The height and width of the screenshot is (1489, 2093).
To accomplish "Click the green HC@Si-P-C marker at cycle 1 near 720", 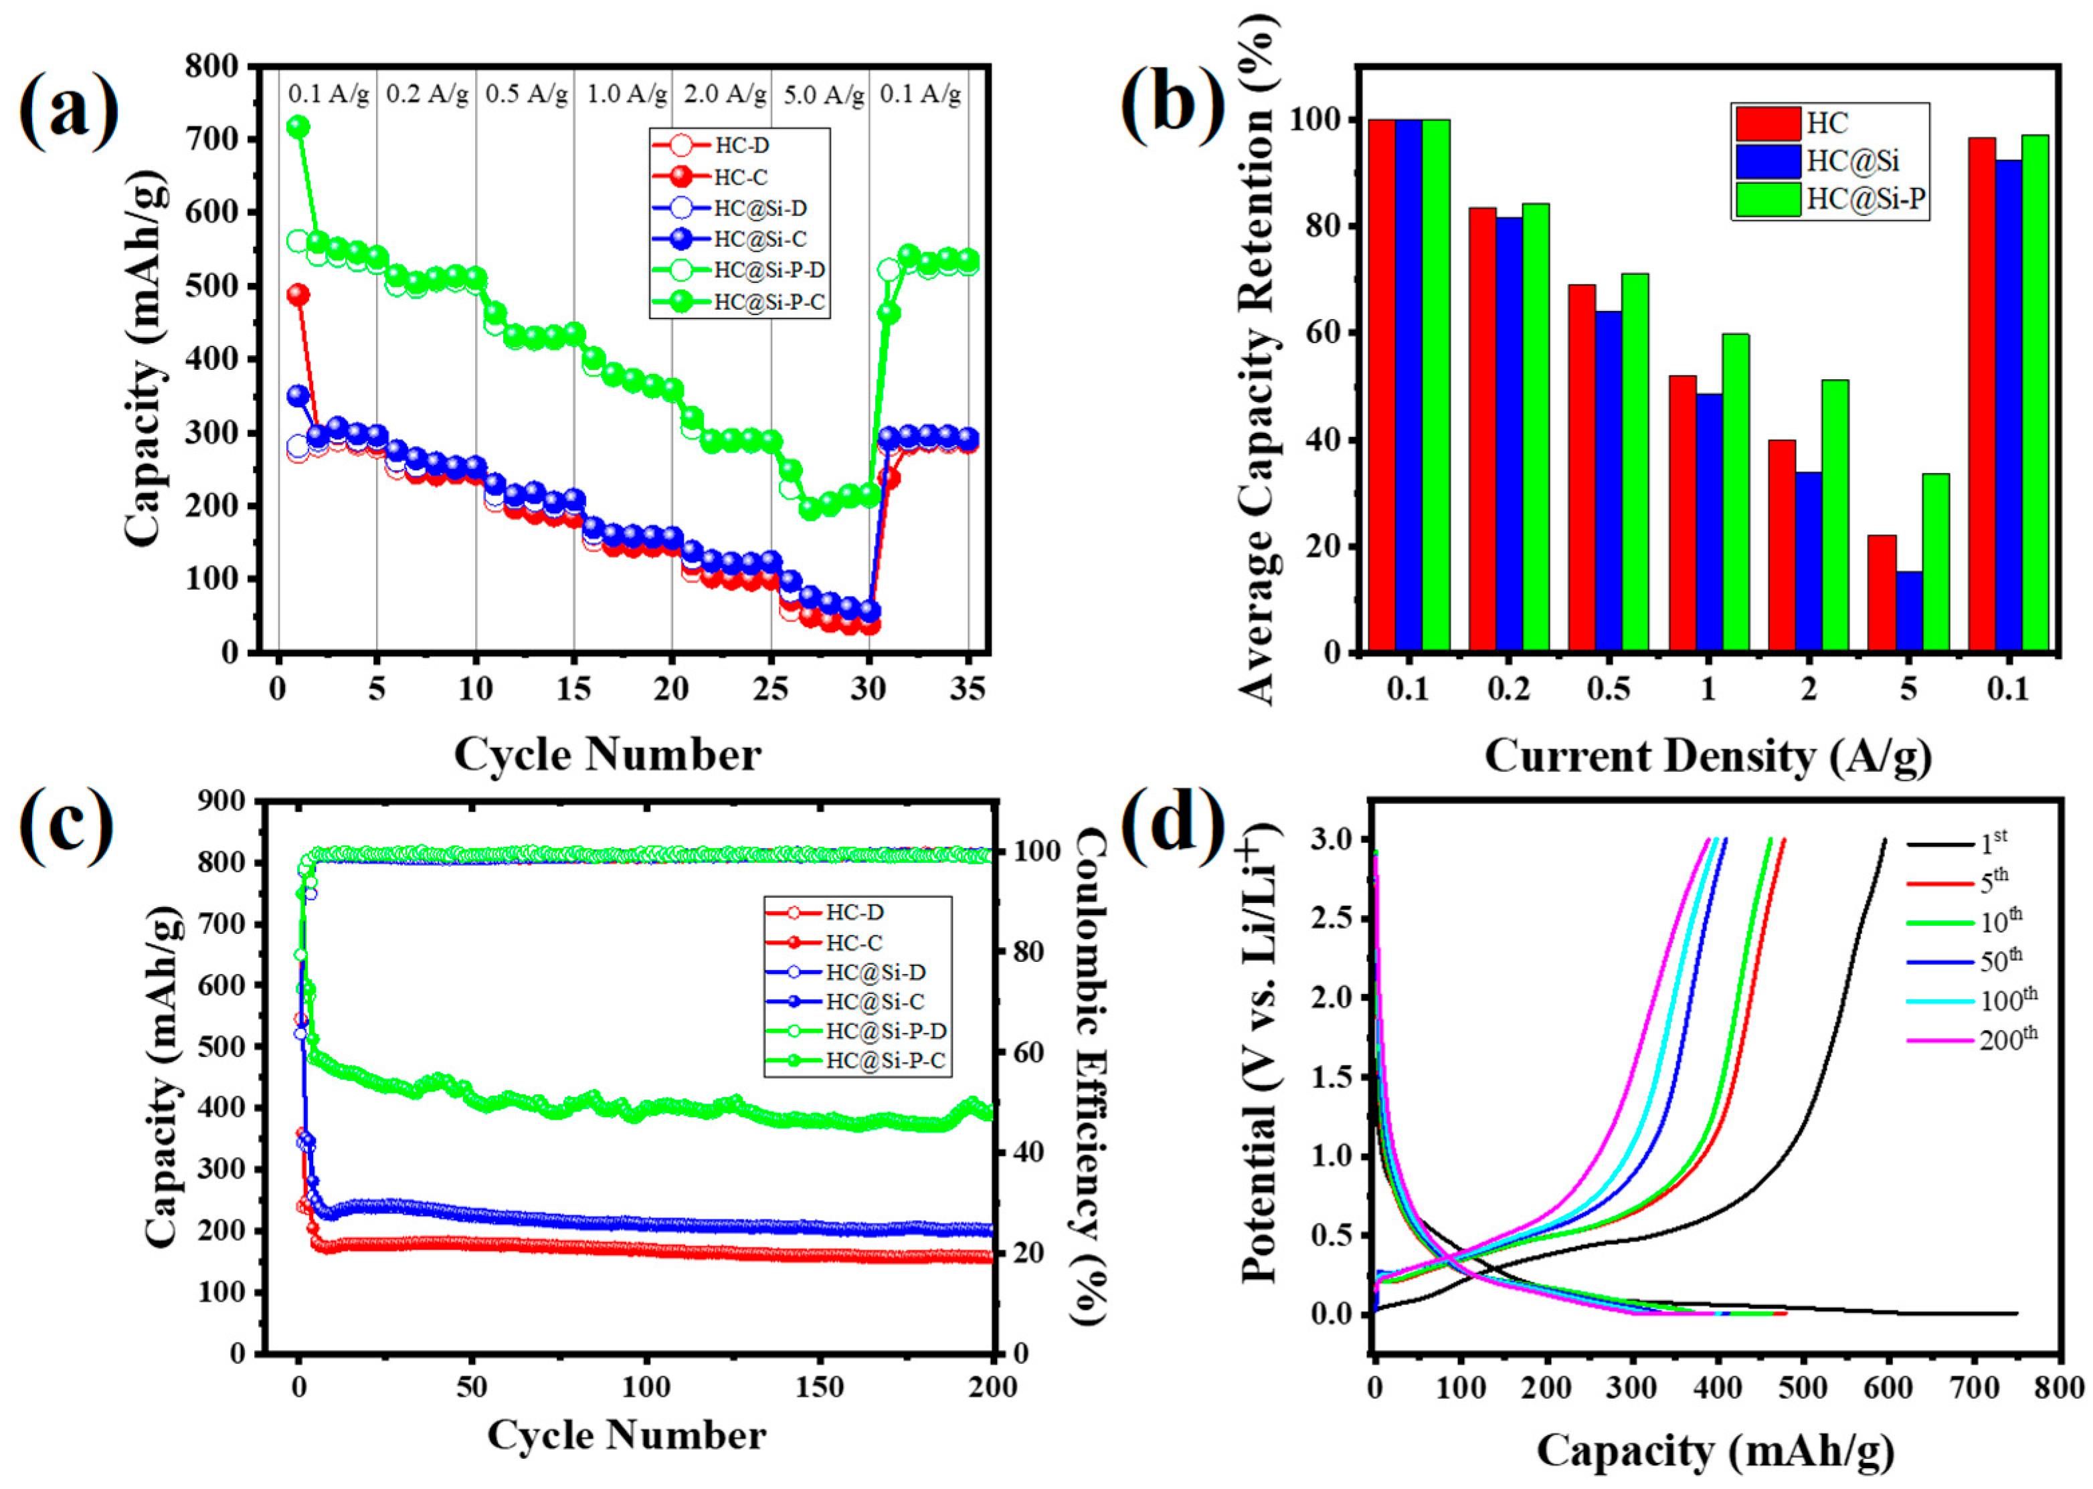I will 298,126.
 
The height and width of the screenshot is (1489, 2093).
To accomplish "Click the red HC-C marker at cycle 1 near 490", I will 298,294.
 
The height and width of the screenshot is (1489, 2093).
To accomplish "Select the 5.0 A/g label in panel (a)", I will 823,94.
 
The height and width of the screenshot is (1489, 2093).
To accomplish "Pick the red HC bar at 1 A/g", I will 1682,514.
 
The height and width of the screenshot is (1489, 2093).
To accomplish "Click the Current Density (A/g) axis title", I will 1707,757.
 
